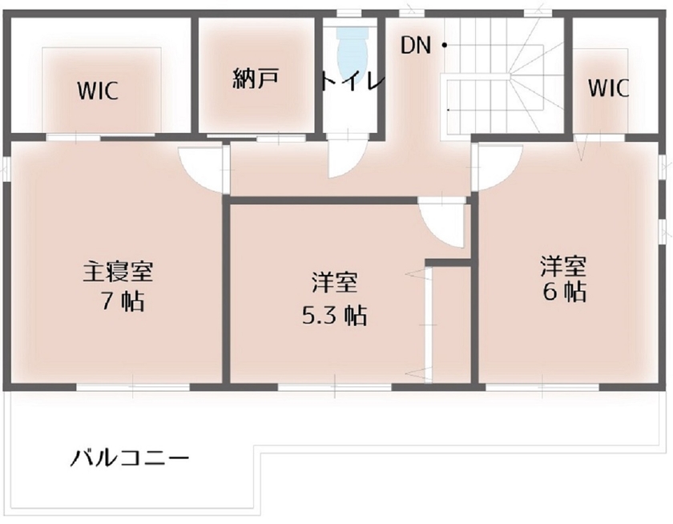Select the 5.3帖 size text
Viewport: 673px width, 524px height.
(x=334, y=316)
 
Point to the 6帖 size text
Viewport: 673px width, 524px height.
(x=565, y=291)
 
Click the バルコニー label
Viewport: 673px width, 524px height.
(x=130, y=459)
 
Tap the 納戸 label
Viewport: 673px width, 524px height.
(x=256, y=79)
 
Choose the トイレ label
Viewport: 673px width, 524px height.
(x=353, y=81)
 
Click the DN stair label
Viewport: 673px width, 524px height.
(x=417, y=46)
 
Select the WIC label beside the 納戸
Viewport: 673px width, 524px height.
(x=98, y=91)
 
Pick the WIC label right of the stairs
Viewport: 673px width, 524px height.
(x=609, y=87)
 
